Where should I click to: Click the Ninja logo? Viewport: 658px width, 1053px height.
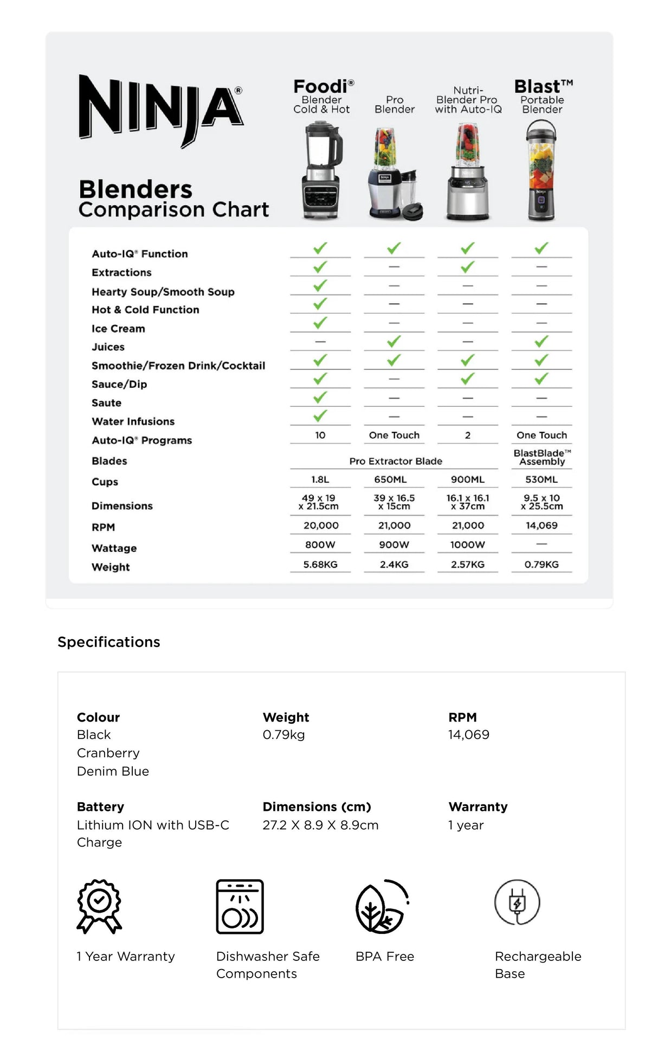point(160,109)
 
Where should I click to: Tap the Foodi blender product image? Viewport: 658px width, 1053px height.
point(322,170)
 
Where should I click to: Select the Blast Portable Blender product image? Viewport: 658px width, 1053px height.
point(541,170)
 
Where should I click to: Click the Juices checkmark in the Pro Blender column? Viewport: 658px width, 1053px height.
point(394,341)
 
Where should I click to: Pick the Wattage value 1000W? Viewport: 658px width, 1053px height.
point(467,544)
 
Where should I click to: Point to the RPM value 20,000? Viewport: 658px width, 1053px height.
point(321,525)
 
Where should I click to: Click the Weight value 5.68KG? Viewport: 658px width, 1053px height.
point(320,564)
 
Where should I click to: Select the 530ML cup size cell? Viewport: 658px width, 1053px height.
point(541,479)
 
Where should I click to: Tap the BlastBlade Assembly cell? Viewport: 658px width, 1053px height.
point(542,457)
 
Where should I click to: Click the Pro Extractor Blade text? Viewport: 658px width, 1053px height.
point(396,461)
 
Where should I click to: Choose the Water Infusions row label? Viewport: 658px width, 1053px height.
point(133,421)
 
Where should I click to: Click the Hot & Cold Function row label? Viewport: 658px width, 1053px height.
point(145,310)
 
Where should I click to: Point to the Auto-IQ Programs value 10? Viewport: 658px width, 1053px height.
point(320,435)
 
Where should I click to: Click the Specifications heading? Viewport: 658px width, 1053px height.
point(109,642)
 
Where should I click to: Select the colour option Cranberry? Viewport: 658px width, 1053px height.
point(108,753)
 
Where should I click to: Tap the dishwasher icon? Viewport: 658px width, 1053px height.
point(240,906)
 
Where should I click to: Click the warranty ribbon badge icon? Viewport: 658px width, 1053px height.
point(99,906)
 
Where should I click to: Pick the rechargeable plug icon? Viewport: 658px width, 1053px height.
point(517,902)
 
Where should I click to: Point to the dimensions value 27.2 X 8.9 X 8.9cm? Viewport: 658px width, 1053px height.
point(320,825)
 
